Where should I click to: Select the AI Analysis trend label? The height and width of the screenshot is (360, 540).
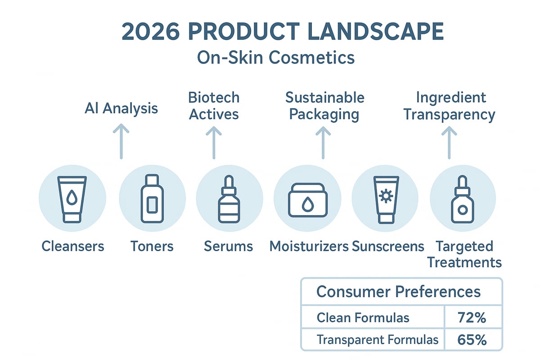pos(121,108)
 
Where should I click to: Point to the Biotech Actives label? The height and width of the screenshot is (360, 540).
pos(214,106)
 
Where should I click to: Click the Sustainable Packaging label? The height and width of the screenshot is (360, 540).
pos(324,106)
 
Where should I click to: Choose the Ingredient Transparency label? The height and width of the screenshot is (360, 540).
pos(449,106)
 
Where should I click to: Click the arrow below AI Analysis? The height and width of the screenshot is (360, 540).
pos(121,142)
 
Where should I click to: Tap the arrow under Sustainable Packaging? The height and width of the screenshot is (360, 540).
pos(323,142)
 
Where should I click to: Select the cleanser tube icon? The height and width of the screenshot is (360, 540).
pos(72,199)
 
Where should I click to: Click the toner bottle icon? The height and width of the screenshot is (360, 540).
pos(152,199)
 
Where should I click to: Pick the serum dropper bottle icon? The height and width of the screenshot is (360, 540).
pos(229,199)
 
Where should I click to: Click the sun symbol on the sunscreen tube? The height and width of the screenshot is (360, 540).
pos(385,196)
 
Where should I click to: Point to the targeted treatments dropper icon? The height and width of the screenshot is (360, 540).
pos(463,199)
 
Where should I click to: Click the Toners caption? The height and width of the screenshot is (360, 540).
pos(152,246)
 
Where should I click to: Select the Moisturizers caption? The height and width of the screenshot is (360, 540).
pos(309,246)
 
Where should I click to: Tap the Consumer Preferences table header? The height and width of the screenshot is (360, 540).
pos(398,292)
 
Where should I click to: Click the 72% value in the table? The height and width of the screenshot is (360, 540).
pos(472,318)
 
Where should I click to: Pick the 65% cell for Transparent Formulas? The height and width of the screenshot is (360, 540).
pos(472,339)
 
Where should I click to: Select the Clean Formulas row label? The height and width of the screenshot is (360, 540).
pos(363,318)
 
